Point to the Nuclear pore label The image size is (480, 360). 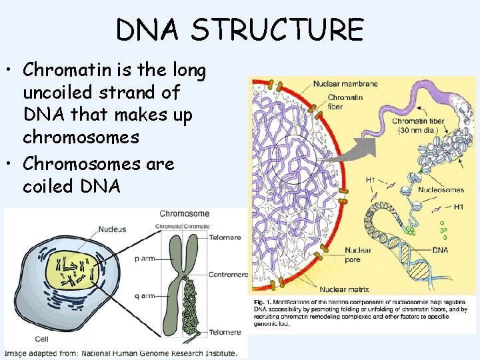(357, 255)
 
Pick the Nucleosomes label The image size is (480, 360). (441, 189)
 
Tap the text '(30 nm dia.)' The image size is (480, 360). (418, 130)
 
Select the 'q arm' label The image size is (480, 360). (145, 295)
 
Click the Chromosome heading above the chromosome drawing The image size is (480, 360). (184, 214)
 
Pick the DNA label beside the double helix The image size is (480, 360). (441, 250)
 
